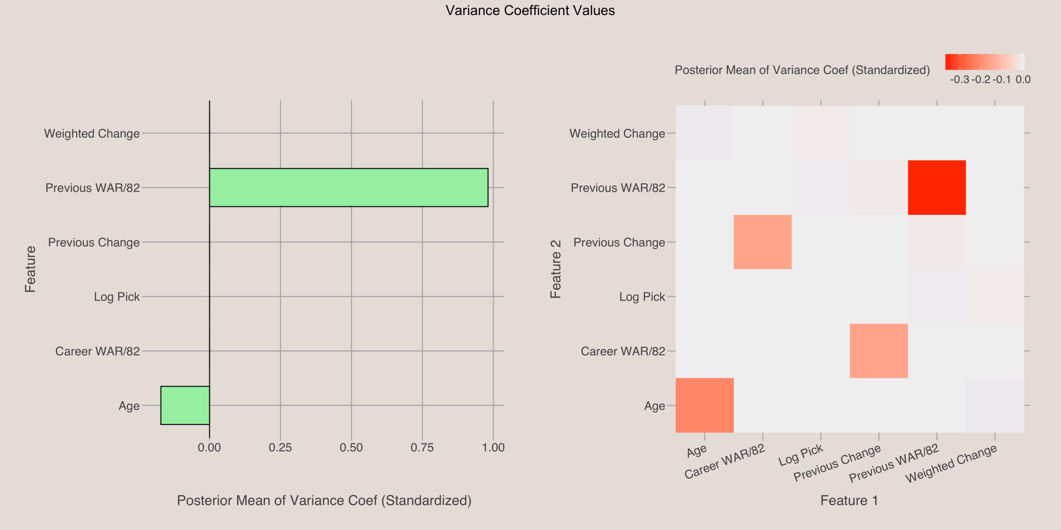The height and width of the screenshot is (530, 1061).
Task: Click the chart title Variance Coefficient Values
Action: point(530,11)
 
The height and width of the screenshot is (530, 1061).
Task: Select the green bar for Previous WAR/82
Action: point(349,187)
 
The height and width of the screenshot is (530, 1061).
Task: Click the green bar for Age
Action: point(185,405)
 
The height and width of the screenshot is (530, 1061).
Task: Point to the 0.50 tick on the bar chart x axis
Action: point(351,447)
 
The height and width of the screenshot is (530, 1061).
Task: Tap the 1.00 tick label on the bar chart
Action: point(493,447)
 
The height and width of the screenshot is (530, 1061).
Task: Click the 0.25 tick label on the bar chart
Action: point(280,447)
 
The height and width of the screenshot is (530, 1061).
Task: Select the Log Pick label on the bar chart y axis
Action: point(117,297)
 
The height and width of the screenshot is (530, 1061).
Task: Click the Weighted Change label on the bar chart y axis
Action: point(92,134)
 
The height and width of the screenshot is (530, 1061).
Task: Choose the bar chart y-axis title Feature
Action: point(31,269)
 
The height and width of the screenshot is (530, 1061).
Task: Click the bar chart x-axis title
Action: point(324,501)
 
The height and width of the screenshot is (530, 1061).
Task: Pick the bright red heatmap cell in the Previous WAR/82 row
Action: point(937,187)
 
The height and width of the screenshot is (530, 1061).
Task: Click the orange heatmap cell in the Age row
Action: point(705,405)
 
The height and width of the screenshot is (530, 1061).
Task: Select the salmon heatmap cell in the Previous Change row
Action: point(763,242)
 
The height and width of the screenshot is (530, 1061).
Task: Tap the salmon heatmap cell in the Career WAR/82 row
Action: point(879,351)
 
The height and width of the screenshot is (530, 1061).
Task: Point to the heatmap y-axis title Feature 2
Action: point(556,269)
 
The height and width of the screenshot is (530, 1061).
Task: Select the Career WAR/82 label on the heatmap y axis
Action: point(623,351)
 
